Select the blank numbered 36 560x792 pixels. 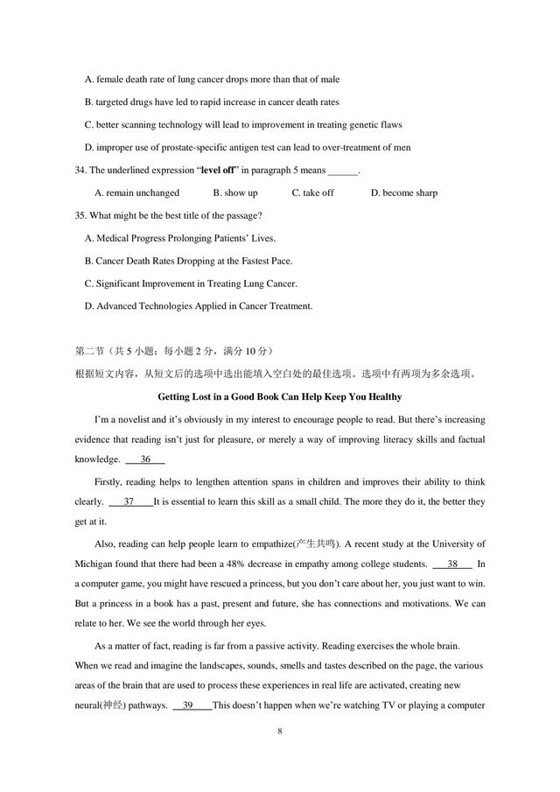(x=145, y=459)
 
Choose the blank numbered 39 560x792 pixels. (x=191, y=705)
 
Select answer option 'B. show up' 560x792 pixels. (x=235, y=193)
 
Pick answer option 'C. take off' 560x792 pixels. (x=312, y=193)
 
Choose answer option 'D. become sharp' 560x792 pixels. (x=403, y=193)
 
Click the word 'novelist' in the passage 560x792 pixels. (x=146, y=417)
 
